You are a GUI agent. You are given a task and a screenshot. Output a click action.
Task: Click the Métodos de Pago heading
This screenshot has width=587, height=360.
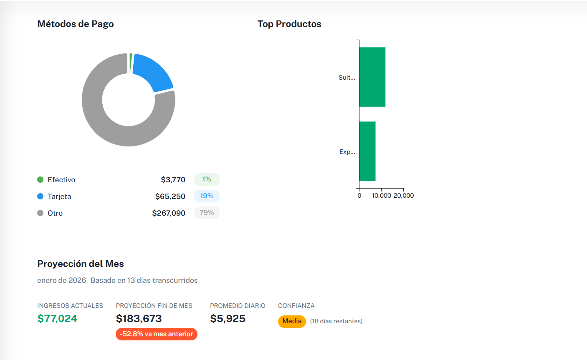76,24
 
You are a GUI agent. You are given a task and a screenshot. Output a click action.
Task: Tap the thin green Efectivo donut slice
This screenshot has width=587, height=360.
131,63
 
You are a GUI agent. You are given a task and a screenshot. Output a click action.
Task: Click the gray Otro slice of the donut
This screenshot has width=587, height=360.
104,125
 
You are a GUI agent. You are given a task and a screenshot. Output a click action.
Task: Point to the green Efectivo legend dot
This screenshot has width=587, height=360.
40,180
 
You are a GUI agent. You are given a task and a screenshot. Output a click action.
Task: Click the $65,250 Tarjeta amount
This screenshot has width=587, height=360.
170,196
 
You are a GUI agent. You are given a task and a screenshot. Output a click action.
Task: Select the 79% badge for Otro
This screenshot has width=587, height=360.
207,213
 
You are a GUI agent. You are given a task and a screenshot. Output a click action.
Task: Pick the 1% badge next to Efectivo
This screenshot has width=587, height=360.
207,179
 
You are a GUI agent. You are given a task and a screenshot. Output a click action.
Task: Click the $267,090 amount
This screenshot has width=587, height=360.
169,213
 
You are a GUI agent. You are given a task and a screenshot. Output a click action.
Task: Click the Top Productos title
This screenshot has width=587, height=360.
289,24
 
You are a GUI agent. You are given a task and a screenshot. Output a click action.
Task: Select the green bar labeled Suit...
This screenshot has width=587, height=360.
372,77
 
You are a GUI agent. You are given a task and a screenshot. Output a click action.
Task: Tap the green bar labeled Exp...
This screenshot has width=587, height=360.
367,151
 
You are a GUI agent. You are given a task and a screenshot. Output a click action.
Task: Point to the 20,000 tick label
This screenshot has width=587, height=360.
404,196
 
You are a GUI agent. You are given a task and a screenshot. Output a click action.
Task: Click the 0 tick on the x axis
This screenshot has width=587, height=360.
359,196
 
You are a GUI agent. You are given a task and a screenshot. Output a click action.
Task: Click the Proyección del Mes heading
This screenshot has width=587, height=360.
81,264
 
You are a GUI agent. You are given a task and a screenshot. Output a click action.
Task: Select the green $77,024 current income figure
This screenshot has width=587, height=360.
57,319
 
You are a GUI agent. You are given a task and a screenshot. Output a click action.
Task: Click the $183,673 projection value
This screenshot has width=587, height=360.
139,319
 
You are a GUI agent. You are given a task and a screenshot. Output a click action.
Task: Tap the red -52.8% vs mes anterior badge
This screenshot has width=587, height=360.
157,334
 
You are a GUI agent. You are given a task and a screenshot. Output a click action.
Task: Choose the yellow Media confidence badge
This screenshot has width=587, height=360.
292,321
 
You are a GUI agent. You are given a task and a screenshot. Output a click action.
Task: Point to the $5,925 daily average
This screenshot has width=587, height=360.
228,319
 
